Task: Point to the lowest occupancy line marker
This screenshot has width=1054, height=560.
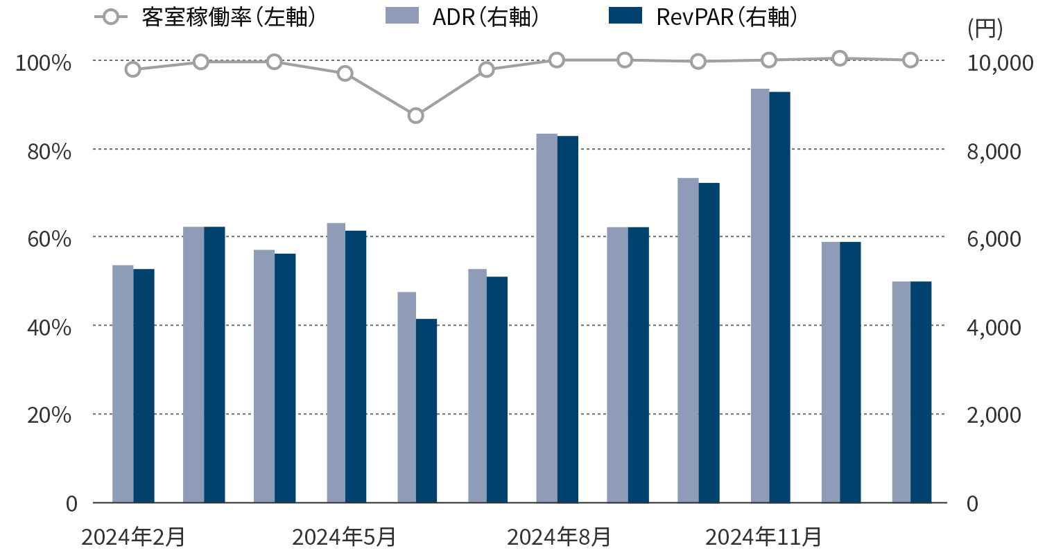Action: point(415,115)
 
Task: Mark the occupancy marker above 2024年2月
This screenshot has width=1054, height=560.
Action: point(133,69)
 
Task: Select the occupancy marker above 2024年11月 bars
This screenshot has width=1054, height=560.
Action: point(769,60)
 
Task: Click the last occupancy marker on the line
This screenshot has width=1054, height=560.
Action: point(910,60)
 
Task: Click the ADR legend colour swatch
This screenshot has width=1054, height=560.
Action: point(402,16)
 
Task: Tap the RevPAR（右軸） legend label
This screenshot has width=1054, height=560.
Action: point(726,17)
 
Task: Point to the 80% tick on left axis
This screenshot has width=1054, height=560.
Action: point(49,151)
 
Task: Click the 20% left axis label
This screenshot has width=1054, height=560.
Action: point(49,416)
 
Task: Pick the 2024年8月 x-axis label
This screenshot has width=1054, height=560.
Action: point(559,537)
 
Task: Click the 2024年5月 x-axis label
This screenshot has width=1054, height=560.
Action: point(344,537)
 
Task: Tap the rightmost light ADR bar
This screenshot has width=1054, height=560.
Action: point(901,392)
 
